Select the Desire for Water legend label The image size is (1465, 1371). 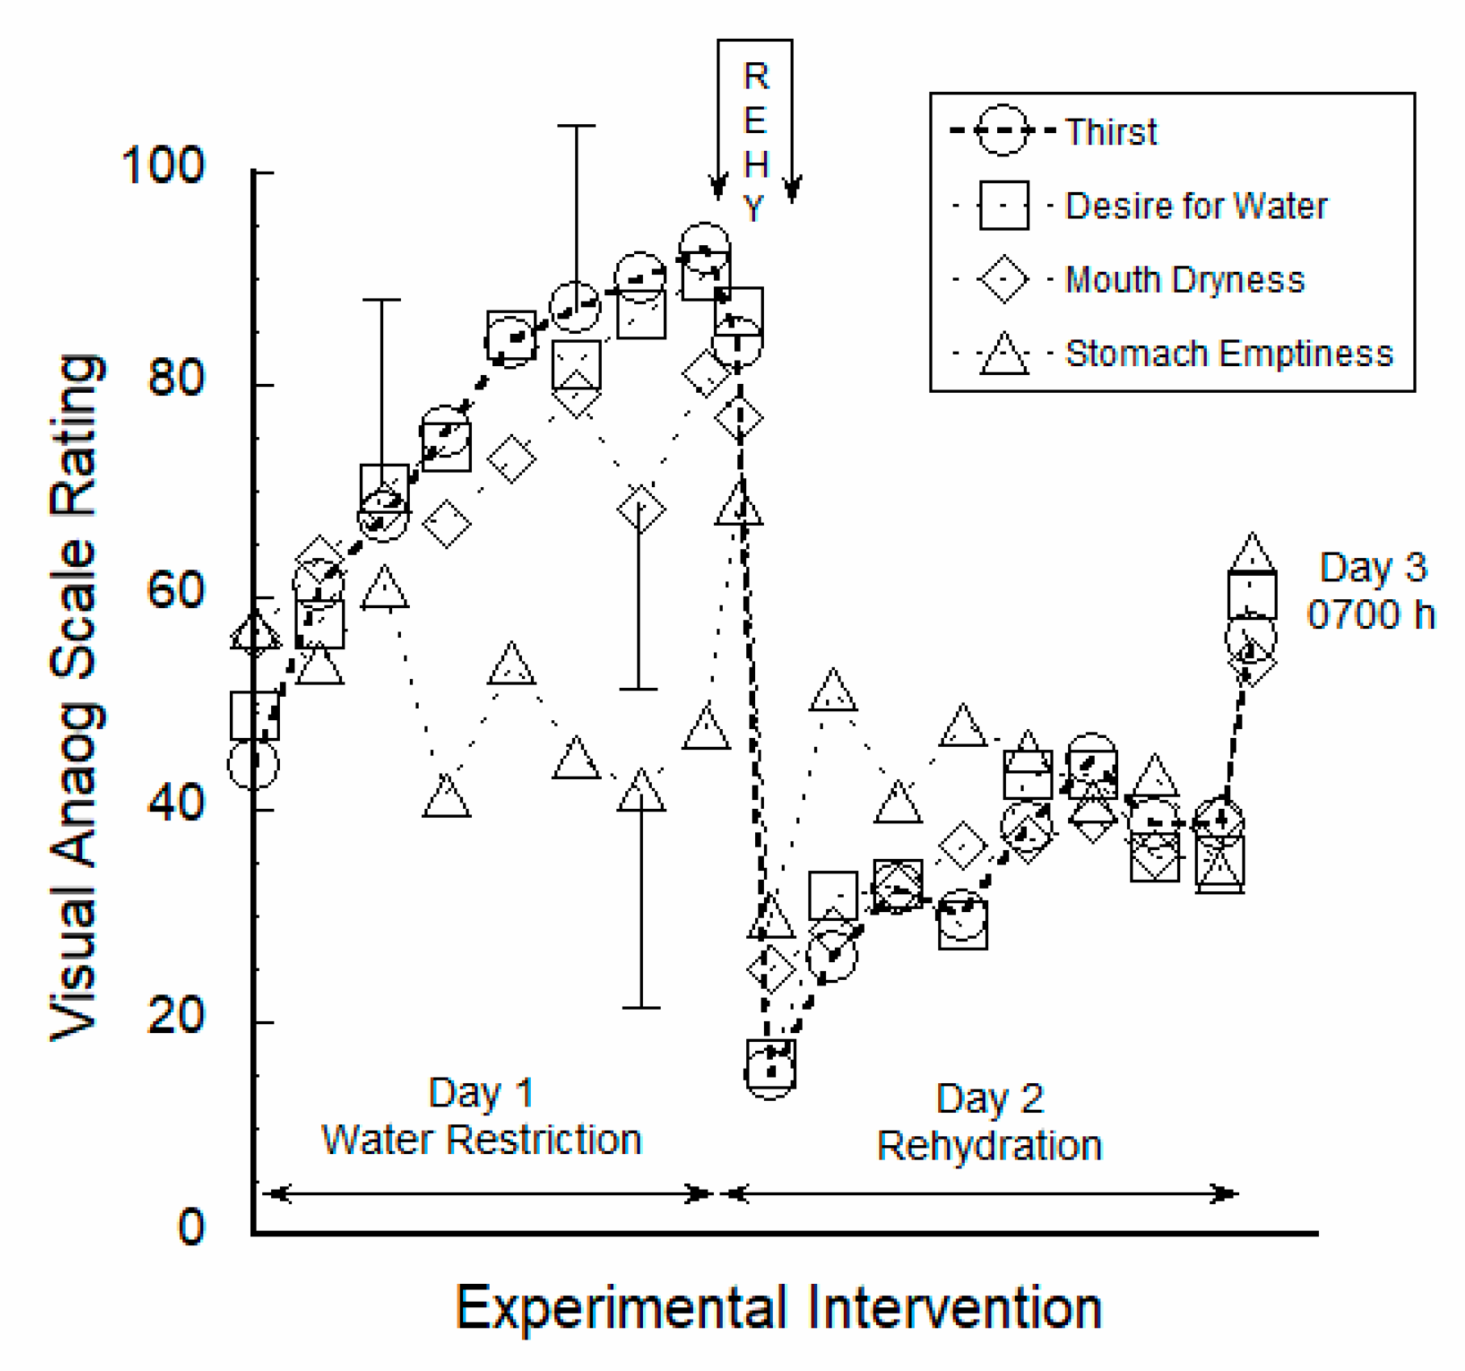[x=1196, y=206]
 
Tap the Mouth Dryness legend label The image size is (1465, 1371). [x=1184, y=281]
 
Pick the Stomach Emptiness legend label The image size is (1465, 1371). [x=1229, y=354]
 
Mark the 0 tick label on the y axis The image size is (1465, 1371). [x=191, y=1227]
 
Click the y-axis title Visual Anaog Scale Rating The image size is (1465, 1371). [x=77, y=698]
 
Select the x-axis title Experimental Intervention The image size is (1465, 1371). [x=778, y=1307]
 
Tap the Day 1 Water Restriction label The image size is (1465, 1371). [x=481, y=1117]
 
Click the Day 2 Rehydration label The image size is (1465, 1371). [x=989, y=1123]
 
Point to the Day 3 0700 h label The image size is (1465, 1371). [x=1371, y=591]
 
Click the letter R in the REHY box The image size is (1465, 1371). [x=756, y=77]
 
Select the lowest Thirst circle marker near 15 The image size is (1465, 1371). [x=770, y=1072]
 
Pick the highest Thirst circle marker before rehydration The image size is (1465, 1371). [x=705, y=248]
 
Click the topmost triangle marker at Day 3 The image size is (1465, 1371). [x=1251, y=554]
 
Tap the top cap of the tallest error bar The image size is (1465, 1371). [x=576, y=126]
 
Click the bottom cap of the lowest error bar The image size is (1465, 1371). [x=641, y=1007]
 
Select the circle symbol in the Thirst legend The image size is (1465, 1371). [x=1003, y=130]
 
